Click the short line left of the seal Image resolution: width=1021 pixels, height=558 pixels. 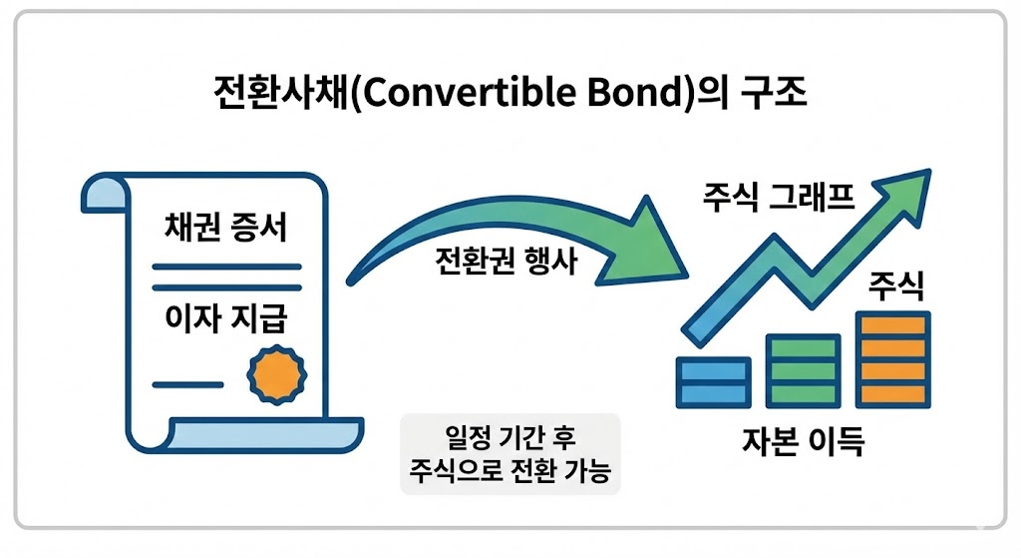[186, 384]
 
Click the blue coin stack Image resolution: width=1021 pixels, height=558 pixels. [713, 381]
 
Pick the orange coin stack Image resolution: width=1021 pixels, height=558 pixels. [894, 359]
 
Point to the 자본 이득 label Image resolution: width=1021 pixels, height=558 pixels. [804, 440]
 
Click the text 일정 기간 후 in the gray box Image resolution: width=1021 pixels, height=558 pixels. [510, 438]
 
